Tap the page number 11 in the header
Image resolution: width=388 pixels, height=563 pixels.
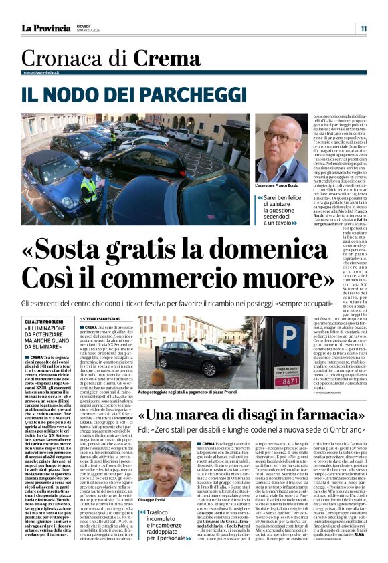point(363,29)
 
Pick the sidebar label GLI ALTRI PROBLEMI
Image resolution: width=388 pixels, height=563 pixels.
point(45,322)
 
